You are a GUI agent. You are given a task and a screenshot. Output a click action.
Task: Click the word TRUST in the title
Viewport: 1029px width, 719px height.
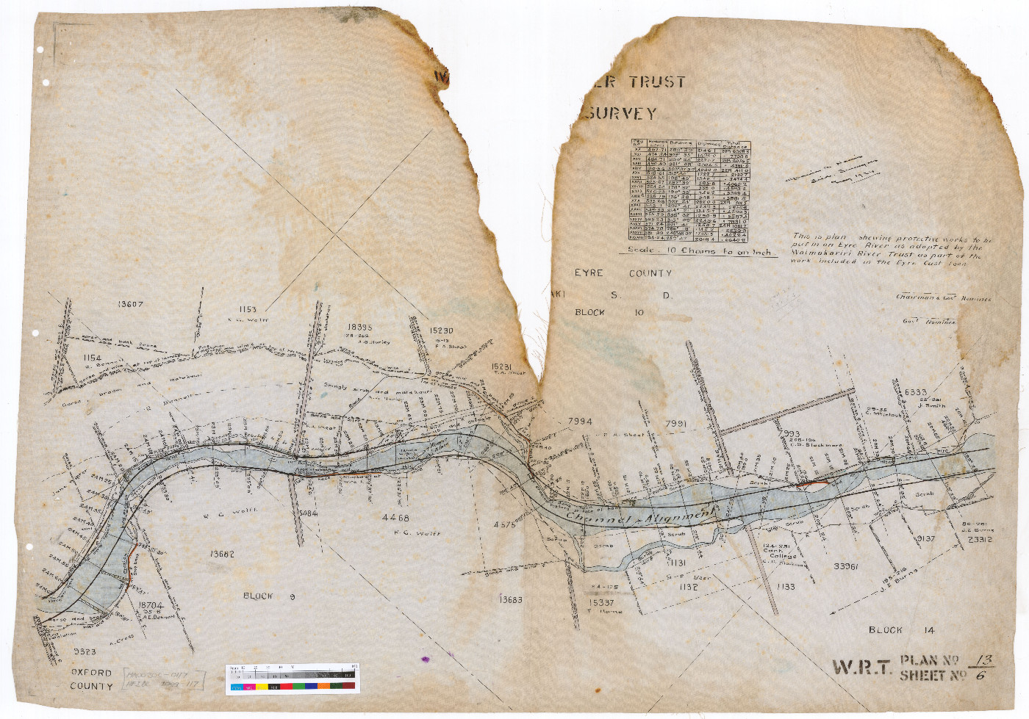pyautogui.click(x=657, y=82)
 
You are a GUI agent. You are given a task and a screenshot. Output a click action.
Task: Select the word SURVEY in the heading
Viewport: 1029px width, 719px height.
pyautogui.click(x=622, y=113)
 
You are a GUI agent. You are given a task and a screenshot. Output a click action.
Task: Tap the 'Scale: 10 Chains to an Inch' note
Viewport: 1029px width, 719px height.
pyautogui.click(x=700, y=251)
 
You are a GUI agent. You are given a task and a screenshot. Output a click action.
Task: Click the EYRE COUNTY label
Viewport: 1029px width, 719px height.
pyautogui.click(x=623, y=273)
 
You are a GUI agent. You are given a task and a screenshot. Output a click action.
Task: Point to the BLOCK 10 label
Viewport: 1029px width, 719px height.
pyautogui.click(x=609, y=312)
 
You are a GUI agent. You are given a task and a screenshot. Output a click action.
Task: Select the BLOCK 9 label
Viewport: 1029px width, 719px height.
pyautogui.click(x=268, y=596)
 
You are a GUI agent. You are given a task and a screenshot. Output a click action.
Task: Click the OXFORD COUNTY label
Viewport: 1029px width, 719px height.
pyautogui.click(x=92, y=679)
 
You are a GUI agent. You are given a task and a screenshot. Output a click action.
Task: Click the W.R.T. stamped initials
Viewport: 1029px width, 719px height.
pyautogui.click(x=861, y=668)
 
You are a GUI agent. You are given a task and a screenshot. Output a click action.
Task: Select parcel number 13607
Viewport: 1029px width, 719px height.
pyautogui.click(x=130, y=304)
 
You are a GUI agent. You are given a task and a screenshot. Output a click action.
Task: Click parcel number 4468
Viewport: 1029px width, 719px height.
pyautogui.click(x=395, y=518)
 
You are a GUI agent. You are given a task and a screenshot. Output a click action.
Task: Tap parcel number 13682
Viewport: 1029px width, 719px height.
pyautogui.click(x=222, y=554)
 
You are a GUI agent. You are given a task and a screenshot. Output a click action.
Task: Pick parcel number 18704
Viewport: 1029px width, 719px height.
pyautogui.click(x=151, y=606)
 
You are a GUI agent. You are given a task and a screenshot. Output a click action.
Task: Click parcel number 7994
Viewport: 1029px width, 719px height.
pyautogui.click(x=580, y=422)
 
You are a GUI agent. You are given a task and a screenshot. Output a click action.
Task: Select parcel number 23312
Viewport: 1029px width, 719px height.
pyautogui.click(x=980, y=540)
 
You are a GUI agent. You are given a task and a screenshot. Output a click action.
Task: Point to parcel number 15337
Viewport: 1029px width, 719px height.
pyautogui.click(x=601, y=602)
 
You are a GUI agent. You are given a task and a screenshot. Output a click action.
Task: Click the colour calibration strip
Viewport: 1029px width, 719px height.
pyautogui.click(x=292, y=679)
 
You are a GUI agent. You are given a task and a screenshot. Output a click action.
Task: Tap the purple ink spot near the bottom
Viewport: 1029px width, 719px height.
pyautogui.click(x=425, y=660)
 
